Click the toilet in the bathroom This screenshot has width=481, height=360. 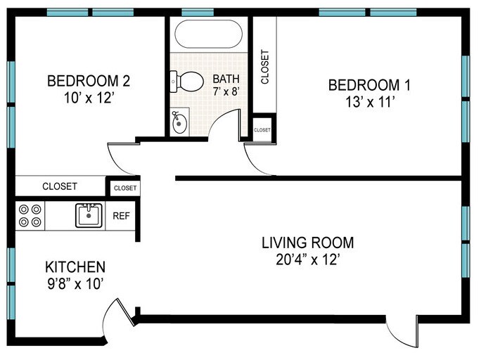tap(186, 82)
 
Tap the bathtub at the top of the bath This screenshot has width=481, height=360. tap(209, 34)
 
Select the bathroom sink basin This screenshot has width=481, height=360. tap(179, 122)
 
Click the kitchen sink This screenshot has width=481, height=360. tap(89, 215)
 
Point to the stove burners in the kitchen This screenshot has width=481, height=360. tap(30, 215)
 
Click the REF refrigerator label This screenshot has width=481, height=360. tap(121, 216)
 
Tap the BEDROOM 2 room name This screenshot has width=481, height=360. tap(89, 81)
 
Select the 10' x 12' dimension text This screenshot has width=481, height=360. tap(89, 98)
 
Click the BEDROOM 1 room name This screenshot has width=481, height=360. tap(369, 85)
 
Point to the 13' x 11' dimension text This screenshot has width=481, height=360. tap(370, 102)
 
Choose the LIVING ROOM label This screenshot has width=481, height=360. tap(308, 243)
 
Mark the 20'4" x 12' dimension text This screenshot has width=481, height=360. tap(308, 259)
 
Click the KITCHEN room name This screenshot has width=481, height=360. tap(75, 266)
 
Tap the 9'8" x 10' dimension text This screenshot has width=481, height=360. tap(75, 284)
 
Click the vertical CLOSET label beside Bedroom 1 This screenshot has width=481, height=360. tap(264, 67)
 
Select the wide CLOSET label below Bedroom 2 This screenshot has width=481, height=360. tap(60, 186)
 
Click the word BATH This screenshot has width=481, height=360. tap(226, 79)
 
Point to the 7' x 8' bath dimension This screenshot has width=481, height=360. tap(226, 91)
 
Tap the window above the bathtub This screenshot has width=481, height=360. tap(198, 13)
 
